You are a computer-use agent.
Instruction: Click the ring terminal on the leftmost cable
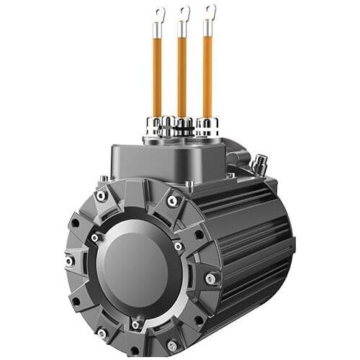(159, 12)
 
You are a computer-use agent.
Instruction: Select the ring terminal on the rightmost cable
(210, 10)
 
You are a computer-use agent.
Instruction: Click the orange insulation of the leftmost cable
(157, 79)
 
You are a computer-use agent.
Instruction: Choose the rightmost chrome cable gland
(207, 127)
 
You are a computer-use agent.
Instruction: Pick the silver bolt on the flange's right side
(210, 278)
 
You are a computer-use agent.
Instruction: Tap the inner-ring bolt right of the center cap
(178, 247)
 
